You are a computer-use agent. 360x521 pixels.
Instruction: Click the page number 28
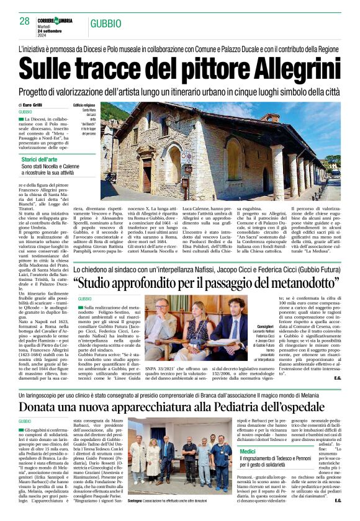point(24,21)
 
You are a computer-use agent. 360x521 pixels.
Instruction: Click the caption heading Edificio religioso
point(85,105)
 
